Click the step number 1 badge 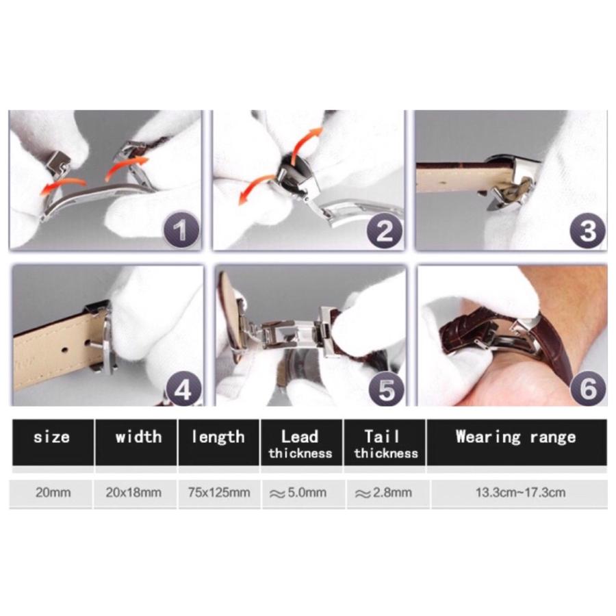click(x=181, y=230)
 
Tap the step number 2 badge click(x=384, y=231)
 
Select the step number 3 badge click(x=588, y=231)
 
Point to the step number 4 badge click(x=183, y=389)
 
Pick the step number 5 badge click(x=387, y=389)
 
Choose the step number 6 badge click(x=588, y=389)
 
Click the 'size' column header click(x=52, y=437)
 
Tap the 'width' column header click(x=138, y=437)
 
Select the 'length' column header click(x=218, y=437)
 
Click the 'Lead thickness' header click(x=300, y=444)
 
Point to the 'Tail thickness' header click(x=386, y=444)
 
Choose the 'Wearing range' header click(x=516, y=437)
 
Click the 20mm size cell click(x=53, y=492)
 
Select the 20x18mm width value click(x=133, y=492)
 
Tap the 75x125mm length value click(x=219, y=492)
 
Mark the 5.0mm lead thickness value click(x=298, y=493)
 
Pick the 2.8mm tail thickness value click(x=383, y=493)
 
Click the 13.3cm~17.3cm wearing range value click(x=521, y=492)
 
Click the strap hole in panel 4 click(x=66, y=348)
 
